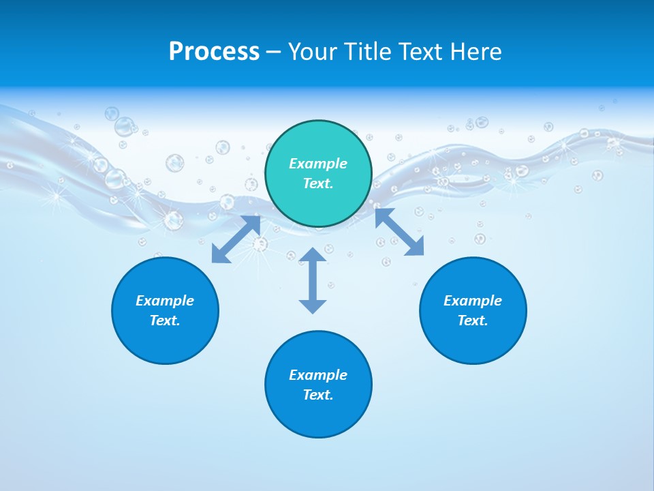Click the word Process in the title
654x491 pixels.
coord(214,51)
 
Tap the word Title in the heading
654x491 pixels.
coord(371,51)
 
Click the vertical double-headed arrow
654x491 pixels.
coord(313,280)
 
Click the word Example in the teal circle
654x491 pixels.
coord(318,164)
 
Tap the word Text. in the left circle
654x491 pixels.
coord(165,321)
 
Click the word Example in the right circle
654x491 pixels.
coord(473,301)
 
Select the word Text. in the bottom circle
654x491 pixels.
coord(318,395)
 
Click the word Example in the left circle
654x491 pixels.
coord(165,301)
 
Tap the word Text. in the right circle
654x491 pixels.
coord(473,321)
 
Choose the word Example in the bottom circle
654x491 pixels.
coord(318,375)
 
